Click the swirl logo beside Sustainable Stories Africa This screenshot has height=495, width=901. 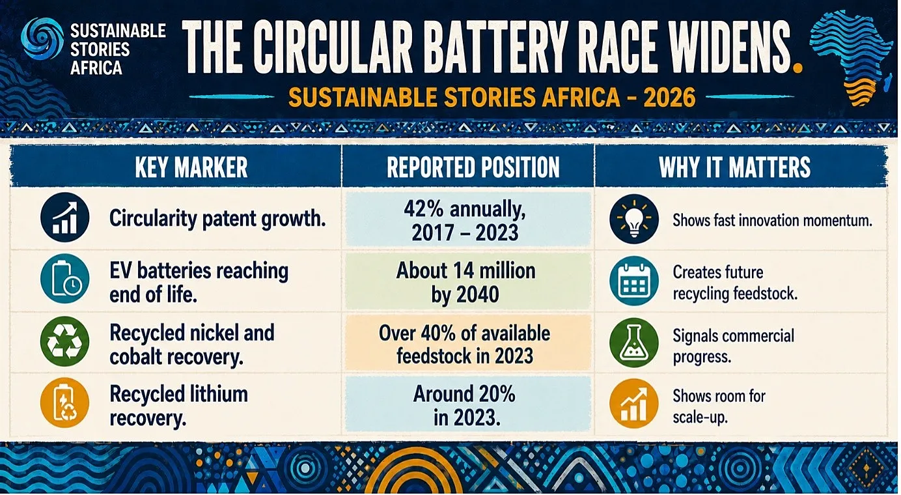pyautogui.click(x=42, y=38)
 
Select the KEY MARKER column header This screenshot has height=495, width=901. pyautogui.click(x=191, y=167)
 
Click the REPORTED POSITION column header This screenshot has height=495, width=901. pyautogui.click(x=473, y=167)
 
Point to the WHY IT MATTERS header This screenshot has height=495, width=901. pyautogui.click(x=734, y=167)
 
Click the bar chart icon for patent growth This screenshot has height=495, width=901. pyautogui.click(x=64, y=218)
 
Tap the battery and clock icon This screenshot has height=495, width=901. pyautogui.click(x=64, y=279)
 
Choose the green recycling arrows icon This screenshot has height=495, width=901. pyautogui.click(x=64, y=341)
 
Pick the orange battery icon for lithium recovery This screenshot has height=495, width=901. pyautogui.click(x=64, y=403)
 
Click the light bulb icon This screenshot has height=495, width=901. pyautogui.click(x=634, y=219)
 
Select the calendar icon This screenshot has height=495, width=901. pyautogui.click(x=634, y=281)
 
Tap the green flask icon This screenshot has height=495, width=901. pyautogui.click(x=634, y=343)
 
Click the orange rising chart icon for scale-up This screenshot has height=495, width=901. pyautogui.click(x=634, y=403)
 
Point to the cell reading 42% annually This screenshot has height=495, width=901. pyautogui.click(x=468, y=219)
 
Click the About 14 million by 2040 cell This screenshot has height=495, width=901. pyautogui.click(x=468, y=282)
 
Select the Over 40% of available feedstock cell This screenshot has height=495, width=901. pyautogui.click(x=468, y=343)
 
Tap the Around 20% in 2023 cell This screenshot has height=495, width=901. pyautogui.click(x=468, y=404)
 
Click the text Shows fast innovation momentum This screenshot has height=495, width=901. pyautogui.click(x=772, y=220)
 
